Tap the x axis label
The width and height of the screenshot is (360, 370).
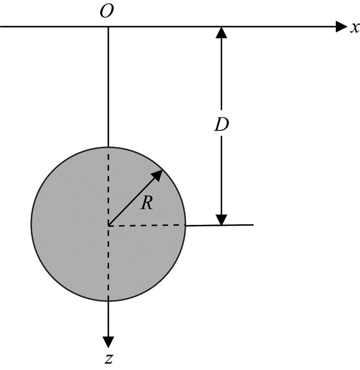354,28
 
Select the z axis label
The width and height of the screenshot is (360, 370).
109,359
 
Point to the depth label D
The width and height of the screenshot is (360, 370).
221,125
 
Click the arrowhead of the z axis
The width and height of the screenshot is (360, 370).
108,342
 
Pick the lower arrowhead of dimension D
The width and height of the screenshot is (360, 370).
221,219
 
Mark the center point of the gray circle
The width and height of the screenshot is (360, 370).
108,225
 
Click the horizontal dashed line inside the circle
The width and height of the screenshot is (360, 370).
147,225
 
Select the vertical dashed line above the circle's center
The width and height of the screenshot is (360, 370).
108,185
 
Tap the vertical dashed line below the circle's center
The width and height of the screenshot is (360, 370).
108,262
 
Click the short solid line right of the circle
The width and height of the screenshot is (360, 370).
220,225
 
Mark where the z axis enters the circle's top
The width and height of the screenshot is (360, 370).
108,147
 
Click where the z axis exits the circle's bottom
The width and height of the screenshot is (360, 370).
108,302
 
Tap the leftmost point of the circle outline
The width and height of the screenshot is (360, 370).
31,225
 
